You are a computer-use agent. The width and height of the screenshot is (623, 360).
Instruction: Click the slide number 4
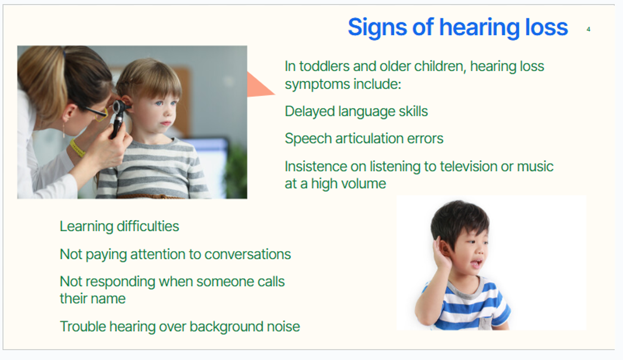pos(588,29)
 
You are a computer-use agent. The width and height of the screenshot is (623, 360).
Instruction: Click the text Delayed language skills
pos(356,112)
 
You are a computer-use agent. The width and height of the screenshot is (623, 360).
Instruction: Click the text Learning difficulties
pos(119,226)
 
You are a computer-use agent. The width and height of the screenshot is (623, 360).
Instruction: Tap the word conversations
pos(248,254)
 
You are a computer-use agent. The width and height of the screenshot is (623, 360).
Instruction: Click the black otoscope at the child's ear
pos(119,118)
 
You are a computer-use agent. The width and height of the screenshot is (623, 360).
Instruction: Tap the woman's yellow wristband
pos(77,149)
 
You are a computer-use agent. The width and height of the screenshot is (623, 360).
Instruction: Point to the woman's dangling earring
pos(64,130)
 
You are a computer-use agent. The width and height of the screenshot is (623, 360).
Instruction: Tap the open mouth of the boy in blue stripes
pos(477,263)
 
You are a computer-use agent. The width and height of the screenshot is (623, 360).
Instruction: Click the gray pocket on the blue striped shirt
pos(486,323)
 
